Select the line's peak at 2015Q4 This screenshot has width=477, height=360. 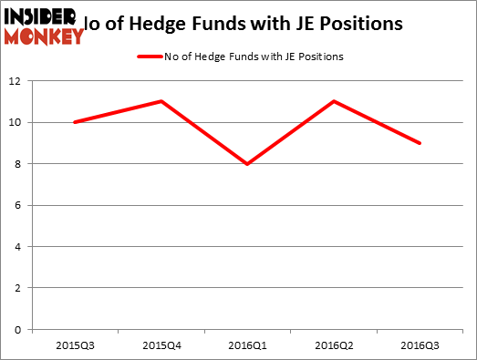click(x=161, y=101)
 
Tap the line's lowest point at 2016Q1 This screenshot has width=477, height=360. click(x=247, y=164)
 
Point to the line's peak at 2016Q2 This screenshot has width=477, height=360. click(x=335, y=101)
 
